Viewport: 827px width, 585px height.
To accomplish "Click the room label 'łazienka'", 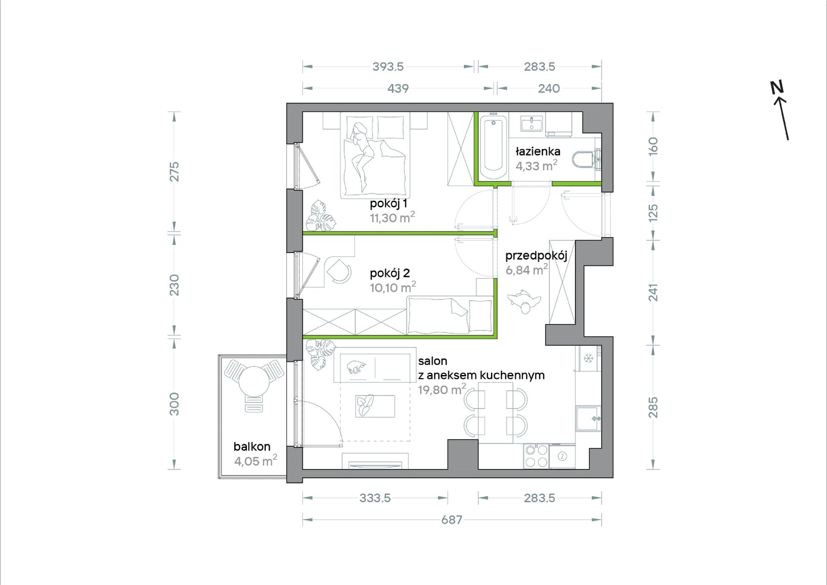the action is tap(538, 151).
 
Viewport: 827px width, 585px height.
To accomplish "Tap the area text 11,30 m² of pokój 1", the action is tap(392, 217).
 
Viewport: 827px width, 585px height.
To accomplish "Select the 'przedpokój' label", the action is tap(536, 256).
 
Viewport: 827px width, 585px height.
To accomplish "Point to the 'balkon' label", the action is tap(252, 446).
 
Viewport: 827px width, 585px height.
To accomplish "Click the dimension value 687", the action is tap(452, 520).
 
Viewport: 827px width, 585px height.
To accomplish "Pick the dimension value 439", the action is tap(398, 88).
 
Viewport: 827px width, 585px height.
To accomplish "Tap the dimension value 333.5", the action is tap(375, 498).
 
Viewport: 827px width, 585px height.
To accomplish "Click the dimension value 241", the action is tap(653, 293).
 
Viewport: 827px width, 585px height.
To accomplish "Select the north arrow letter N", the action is tap(777, 87).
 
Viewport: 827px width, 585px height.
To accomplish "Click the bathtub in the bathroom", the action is tap(494, 147).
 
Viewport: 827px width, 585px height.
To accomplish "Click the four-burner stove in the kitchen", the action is tap(536, 456).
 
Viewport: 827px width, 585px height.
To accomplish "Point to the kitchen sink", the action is tap(588, 419).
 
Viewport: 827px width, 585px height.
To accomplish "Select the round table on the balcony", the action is tap(254, 381).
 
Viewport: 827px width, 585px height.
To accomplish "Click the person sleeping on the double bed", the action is tap(361, 155).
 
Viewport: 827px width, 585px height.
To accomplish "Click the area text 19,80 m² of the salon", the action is tap(442, 389).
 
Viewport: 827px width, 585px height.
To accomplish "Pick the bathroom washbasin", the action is tap(531, 123).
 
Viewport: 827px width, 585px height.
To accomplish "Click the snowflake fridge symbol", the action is tap(588, 358).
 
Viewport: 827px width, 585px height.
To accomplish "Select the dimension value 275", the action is tap(174, 172).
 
